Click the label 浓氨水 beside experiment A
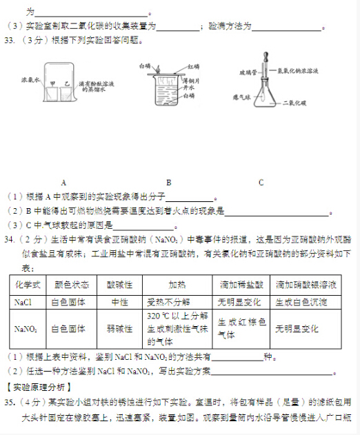(30, 81)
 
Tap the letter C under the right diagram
(261, 183)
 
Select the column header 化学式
(28, 284)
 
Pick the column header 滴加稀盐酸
(241, 284)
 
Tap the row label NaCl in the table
(22, 302)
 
